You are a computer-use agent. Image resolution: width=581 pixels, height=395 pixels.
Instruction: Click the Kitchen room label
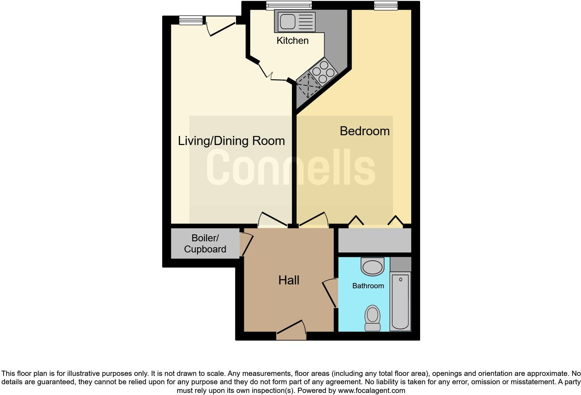pyautogui.click(x=292, y=41)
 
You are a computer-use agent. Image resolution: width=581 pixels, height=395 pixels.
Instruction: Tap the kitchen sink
pyautogui.click(x=295, y=21)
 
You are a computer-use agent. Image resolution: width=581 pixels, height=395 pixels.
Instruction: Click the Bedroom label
pyautogui.click(x=365, y=131)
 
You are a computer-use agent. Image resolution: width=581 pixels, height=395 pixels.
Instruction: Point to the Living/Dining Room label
pyautogui.click(x=231, y=141)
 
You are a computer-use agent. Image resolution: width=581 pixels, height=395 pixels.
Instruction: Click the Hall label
pyautogui.click(x=289, y=280)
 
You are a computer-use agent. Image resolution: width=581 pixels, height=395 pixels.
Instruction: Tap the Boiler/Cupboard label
pyautogui.click(x=205, y=243)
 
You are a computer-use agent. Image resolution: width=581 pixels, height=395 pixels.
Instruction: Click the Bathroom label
pyautogui.click(x=368, y=286)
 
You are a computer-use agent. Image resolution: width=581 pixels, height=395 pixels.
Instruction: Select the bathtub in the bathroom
pyautogui.click(x=400, y=301)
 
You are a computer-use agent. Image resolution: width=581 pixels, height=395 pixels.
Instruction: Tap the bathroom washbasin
pyautogui.click(x=373, y=266)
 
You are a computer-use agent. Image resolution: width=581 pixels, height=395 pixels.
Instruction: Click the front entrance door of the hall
pyautogui.click(x=292, y=332)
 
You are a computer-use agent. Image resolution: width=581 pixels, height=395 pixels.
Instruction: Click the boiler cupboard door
pyautogui.click(x=247, y=244)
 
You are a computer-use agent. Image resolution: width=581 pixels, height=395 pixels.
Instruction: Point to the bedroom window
pyautogui.click(x=386, y=5)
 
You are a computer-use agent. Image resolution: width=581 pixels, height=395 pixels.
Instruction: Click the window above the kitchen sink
pyautogui.click(x=289, y=5)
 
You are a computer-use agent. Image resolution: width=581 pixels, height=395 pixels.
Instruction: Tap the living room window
pyautogui.click(x=191, y=21)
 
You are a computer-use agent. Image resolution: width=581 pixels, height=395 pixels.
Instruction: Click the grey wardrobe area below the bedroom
pyautogui.click(x=375, y=240)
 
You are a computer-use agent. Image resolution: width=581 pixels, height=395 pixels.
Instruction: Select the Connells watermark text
pyautogui.click(x=291, y=167)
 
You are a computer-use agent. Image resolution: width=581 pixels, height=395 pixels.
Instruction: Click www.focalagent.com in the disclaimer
pyautogui.click(x=371, y=390)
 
